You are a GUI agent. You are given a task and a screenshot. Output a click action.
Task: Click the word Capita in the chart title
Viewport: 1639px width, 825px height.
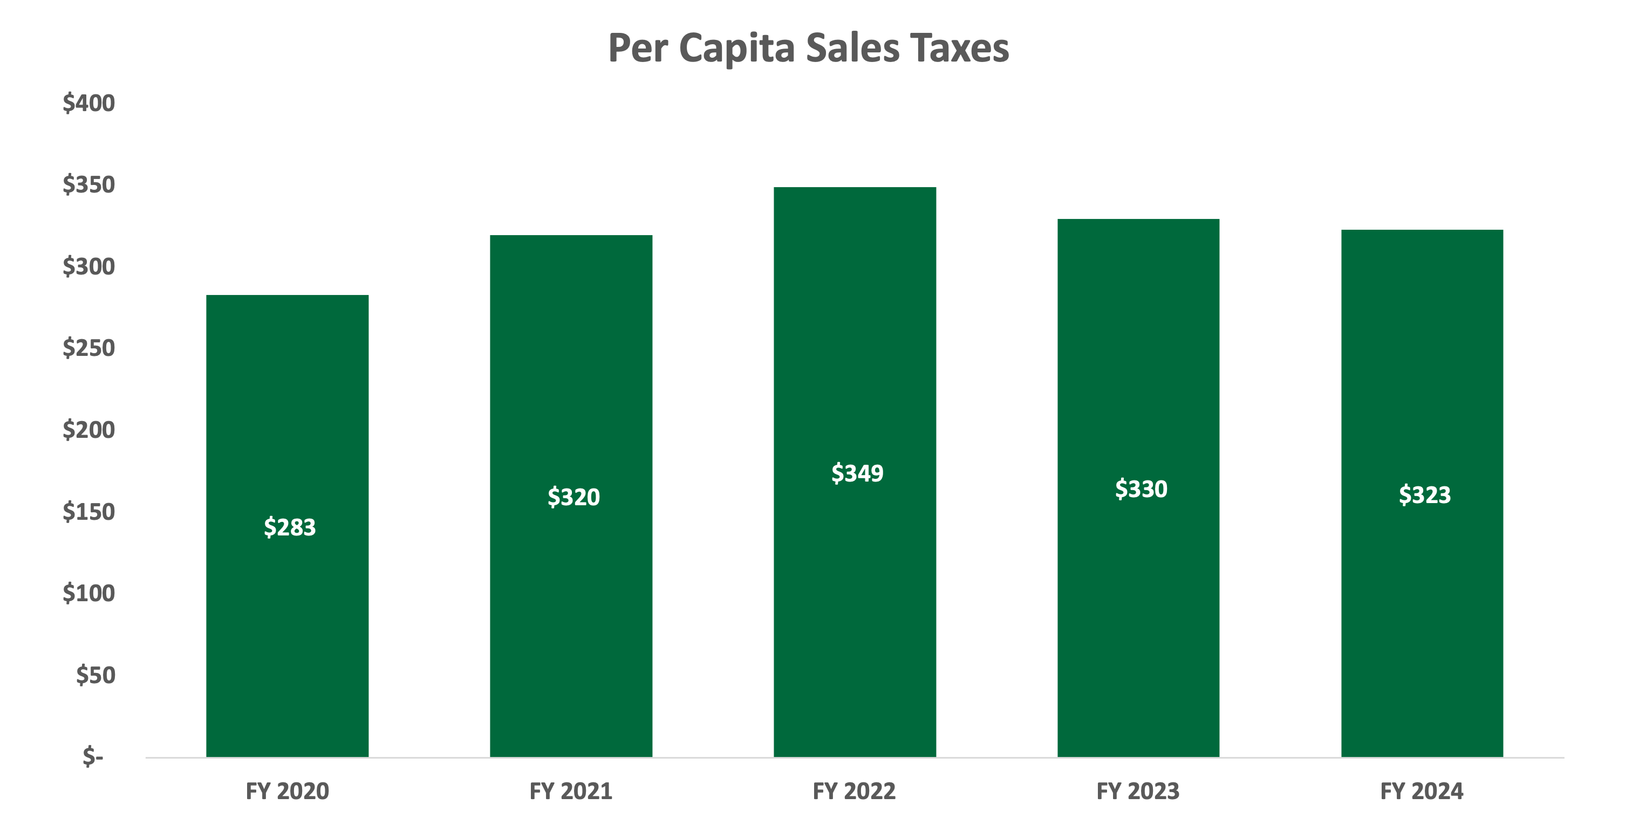pyautogui.click(x=736, y=49)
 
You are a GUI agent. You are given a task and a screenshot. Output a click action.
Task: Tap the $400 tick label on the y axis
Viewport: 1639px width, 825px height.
pyautogui.click(x=88, y=103)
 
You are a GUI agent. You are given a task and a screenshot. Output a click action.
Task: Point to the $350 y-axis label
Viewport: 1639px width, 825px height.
pyautogui.click(x=88, y=184)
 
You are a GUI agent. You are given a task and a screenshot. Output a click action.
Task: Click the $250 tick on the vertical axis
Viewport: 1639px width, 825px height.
pyautogui.click(x=88, y=348)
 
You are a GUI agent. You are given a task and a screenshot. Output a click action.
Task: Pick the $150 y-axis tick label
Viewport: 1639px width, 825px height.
pyautogui.click(x=88, y=511)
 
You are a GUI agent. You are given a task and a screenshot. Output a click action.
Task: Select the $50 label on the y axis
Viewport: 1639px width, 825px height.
pyautogui.click(x=95, y=675)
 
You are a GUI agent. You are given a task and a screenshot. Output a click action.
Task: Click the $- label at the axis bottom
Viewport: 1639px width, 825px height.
pyautogui.click(x=93, y=757)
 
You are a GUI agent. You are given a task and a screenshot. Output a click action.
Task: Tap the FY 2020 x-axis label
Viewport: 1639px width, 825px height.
pyautogui.click(x=288, y=791)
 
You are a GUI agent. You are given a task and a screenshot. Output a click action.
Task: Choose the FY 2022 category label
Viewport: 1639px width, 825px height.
pyautogui.click(x=855, y=791)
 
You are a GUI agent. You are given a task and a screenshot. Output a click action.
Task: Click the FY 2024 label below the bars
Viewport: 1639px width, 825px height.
pyautogui.click(x=1422, y=791)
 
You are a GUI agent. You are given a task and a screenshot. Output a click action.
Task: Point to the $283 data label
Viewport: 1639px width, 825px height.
pyautogui.click(x=290, y=527)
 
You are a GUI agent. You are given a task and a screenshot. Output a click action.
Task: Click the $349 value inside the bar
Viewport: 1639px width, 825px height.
pyautogui.click(x=857, y=473)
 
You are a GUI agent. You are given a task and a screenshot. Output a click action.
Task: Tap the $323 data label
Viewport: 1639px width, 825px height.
pyautogui.click(x=1425, y=495)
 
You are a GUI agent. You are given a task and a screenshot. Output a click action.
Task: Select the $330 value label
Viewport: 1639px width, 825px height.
pyautogui.click(x=1141, y=489)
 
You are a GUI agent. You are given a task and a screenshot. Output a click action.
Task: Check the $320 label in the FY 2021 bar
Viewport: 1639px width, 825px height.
pyautogui.click(x=573, y=497)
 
